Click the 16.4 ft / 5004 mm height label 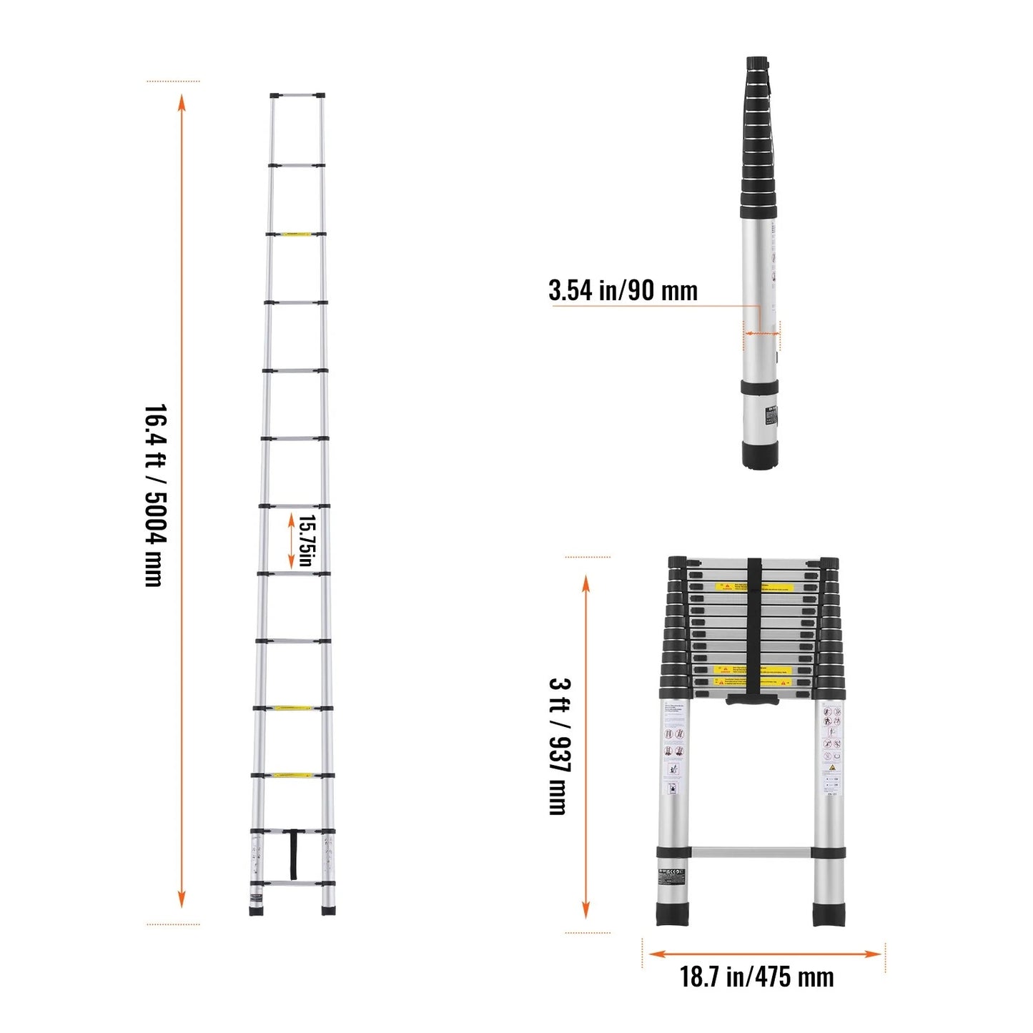click(155, 495)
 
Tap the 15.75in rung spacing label click(306, 540)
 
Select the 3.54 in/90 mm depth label click(623, 290)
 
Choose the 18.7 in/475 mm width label click(756, 977)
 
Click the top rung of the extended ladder click(297, 95)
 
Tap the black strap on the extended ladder click(293, 854)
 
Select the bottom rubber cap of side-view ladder click(759, 455)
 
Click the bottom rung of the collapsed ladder click(751, 852)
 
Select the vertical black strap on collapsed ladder click(753, 629)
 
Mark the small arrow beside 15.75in click(291, 540)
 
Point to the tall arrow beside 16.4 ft click(182, 500)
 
